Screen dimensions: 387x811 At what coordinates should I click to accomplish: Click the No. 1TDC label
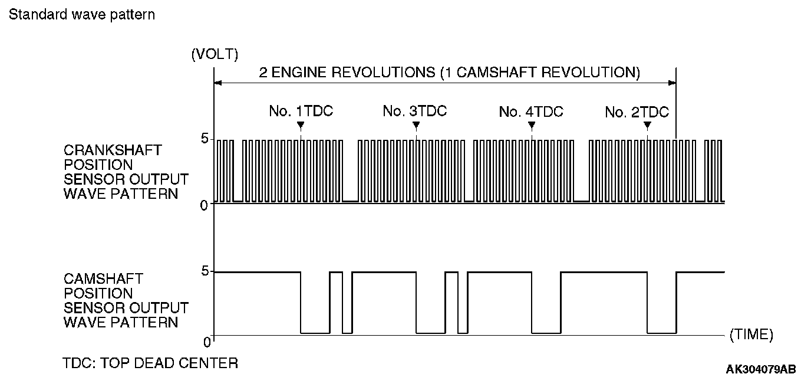pyautogui.click(x=301, y=111)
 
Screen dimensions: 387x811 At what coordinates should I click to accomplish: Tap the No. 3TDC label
pyautogui.click(x=415, y=111)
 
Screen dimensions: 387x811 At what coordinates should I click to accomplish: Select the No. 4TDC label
pyautogui.click(x=530, y=111)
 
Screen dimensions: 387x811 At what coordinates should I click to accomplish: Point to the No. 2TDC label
pyautogui.click(x=637, y=112)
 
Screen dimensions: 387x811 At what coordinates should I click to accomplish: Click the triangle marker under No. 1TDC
pyautogui.click(x=301, y=125)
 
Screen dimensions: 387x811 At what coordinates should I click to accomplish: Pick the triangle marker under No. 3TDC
pyautogui.click(x=416, y=125)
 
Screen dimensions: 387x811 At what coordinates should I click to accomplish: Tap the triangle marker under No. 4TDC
pyautogui.click(x=532, y=125)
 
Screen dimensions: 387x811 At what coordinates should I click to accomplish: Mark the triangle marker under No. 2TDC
pyautogui.click(x=647, y=125)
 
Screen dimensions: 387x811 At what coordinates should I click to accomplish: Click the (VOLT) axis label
pyautogui.click(x=215, y=55)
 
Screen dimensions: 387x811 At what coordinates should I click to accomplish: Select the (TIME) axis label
pyautogui.click(x=751, y=334)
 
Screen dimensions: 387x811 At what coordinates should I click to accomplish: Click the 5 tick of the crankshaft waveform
pyautogui.click(x=205, y=139)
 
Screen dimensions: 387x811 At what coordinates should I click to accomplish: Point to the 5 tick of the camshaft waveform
pyautogui.click(x=205, y=272)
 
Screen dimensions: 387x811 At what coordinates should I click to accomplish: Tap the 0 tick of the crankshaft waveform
pyautogui.click(x=205, y=205)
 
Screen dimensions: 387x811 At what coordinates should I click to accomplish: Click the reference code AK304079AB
pyautogui.click(x=761, y=370)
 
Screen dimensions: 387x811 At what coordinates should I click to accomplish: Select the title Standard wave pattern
pyautogui.click(x=82, y=15)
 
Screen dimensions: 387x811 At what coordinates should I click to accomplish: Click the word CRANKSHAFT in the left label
pyautogui.click(x=112, y=150)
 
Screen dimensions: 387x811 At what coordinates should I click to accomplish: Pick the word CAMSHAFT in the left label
pyautogui.click(x=103, y=278)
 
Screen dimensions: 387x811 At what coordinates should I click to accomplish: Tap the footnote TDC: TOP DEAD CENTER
pyautogui.click(x=150, y=363)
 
